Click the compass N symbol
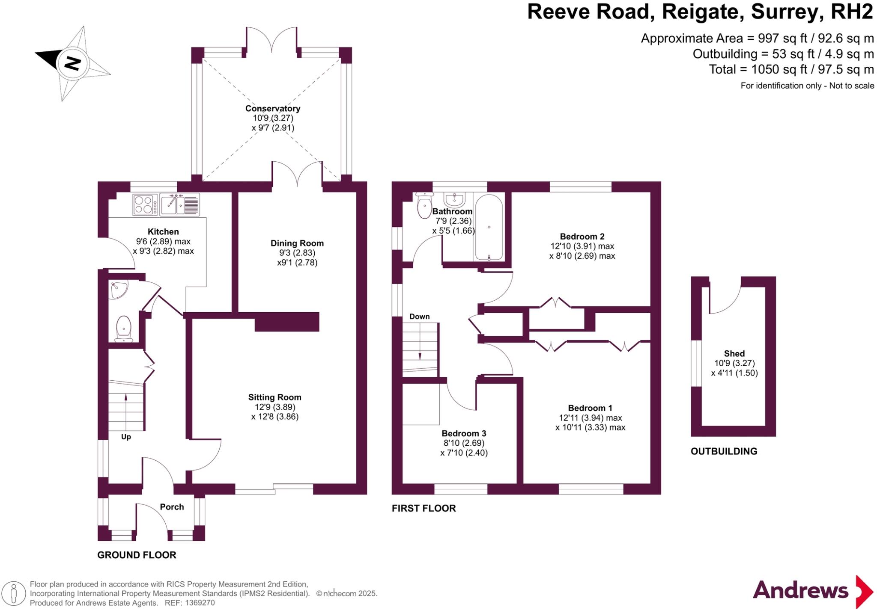[x=72, y=63]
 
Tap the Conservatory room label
[x=272, y=109]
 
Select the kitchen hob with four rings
[x=144, y=204]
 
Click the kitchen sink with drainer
[x=179, y=204]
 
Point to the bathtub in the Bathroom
[x=489, y=228]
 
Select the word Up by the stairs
[x=126, y=437]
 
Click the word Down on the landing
[x=419, y=317]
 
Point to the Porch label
[x=172, y=507]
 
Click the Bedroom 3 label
[x=464, y=433]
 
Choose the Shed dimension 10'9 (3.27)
[x=734, y=363]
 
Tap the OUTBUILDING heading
[x=724, y=451]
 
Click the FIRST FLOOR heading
[x=424, y=508]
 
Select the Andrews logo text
[x=800, y=590]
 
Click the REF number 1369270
[x=200, y=603]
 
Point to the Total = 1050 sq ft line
[x=791, y=69]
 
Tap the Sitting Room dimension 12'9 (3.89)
[x=271, y=407]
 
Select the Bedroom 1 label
[x=590, y=408]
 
